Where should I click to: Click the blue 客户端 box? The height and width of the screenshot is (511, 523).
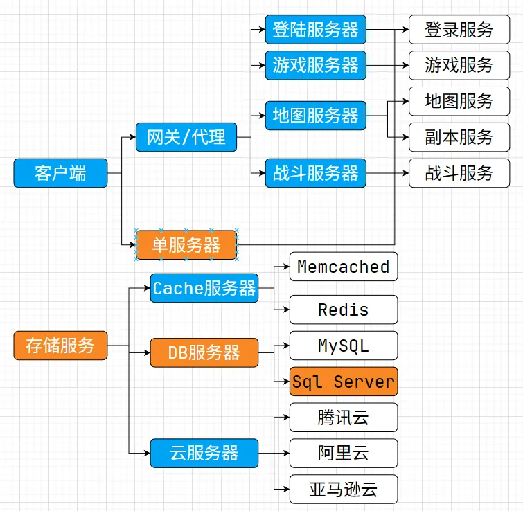pos(60,173)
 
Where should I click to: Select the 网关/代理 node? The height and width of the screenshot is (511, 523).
pos(186,137)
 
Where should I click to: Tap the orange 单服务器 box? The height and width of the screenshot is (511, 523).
pos(186,244)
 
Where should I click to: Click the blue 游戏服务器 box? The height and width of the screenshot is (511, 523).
pos(315,65)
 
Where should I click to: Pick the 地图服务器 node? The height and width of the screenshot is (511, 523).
pos(315,115)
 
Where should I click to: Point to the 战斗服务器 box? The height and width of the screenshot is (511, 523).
pos(315,172)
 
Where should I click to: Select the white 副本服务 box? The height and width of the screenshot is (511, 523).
pos(460,137)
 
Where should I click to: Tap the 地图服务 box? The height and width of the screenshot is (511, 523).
pos(460,101)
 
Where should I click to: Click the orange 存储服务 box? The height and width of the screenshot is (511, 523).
pos(60,345)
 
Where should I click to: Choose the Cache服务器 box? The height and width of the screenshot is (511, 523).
pos(204,288)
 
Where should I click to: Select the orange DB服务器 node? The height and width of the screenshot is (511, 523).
pos(204,352)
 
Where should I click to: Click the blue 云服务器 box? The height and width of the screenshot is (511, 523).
pos(204,453)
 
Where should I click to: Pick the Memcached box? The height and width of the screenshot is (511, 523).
pos(343,267)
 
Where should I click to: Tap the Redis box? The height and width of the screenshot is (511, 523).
pos(343,310)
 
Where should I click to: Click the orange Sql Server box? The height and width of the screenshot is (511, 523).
pos(343,382)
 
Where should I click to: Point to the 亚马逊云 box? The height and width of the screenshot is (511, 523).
pos(343,489)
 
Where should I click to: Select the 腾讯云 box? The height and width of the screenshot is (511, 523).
pos(343,418)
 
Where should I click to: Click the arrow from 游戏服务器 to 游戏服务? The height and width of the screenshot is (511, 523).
pos(387,65)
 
